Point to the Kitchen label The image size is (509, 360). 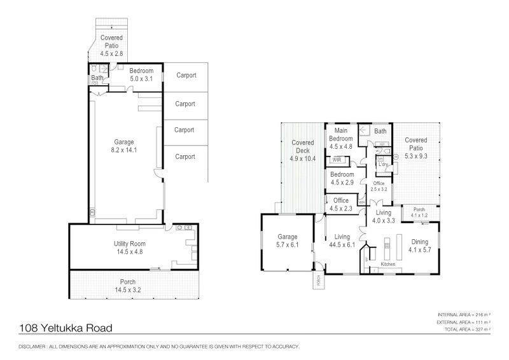389,263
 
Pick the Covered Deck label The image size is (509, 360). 303,146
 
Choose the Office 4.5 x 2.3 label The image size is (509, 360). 341,204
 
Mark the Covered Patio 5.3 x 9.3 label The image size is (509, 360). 416,144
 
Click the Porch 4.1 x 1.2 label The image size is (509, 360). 419,212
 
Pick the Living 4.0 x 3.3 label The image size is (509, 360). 384,217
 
